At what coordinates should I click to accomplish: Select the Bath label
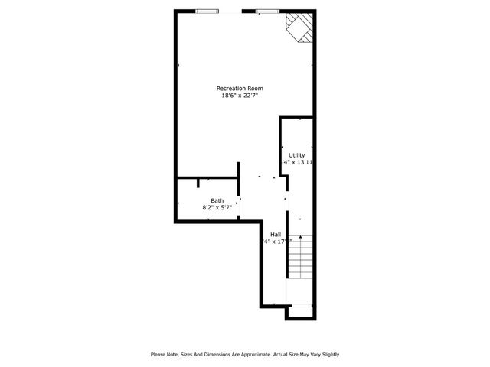click(217, 200)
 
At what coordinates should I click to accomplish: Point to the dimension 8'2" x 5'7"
click(217, 207)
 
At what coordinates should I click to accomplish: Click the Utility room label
click(296, 155)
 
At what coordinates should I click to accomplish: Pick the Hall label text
click(275, 235)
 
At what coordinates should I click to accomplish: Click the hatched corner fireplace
click(299, 28)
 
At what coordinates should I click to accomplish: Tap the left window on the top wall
click(207, 11)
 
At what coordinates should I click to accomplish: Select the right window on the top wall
click(267, 11)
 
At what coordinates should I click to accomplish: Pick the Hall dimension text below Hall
click(276, 242)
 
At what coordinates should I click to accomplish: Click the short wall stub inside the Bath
click(198, 183)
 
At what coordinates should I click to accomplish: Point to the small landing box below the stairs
click(300, 311)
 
